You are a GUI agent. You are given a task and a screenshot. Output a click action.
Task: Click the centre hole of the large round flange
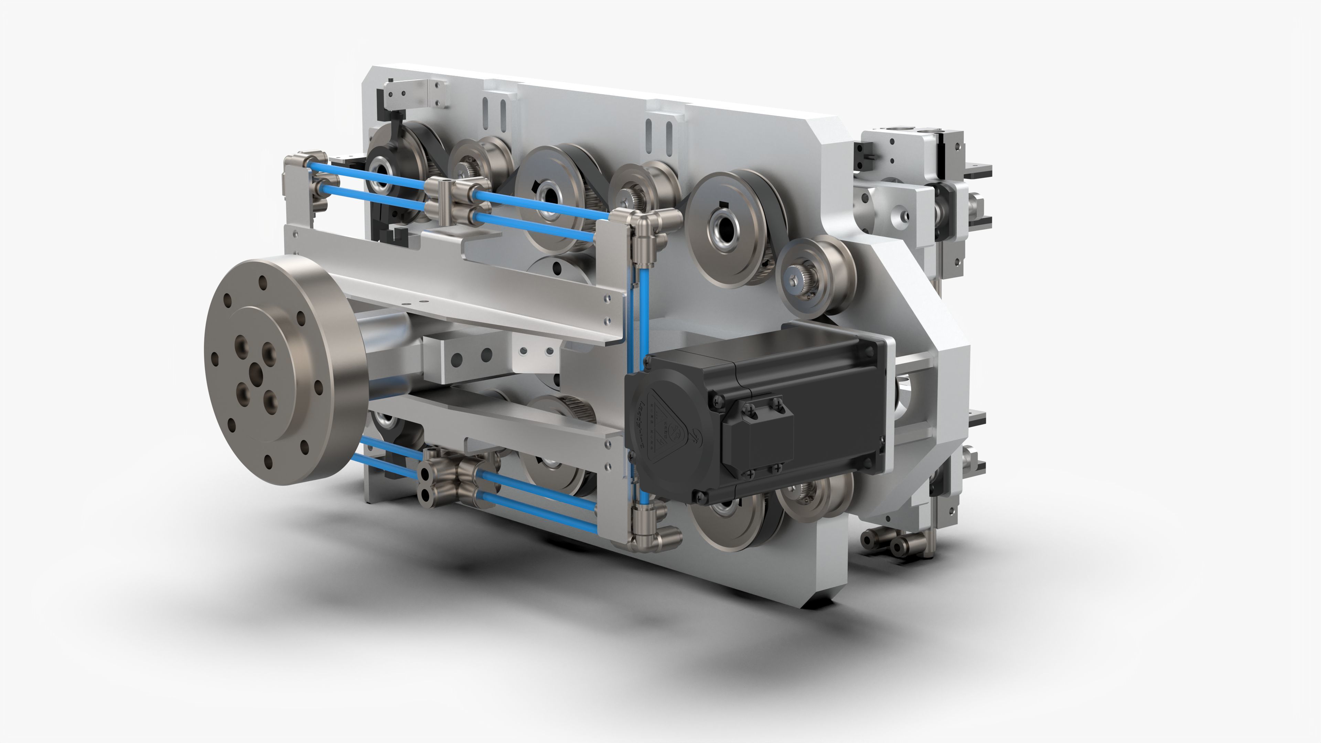(255, 374)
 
